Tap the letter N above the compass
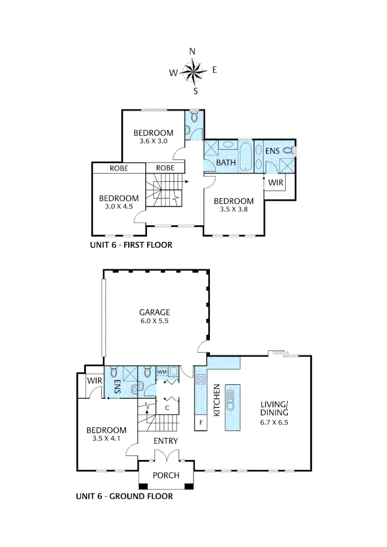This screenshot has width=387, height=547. [x=192, y=51]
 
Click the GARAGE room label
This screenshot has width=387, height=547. [x=155, y=312]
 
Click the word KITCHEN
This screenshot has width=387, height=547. [x=216, y=400]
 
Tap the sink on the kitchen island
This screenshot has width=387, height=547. [x=231, y=400]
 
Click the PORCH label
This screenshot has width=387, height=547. [x=166, y=475]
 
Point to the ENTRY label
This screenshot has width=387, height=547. [x=166, y=441]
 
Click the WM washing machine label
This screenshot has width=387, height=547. [x=162, y=372]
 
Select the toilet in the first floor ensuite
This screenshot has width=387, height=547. [x=289, y=150]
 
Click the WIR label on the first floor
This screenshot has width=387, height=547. [x=275, y=181]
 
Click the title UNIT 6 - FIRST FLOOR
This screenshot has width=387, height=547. [x=131, y=246]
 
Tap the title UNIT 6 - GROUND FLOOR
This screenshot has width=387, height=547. [x=124, y=496]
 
